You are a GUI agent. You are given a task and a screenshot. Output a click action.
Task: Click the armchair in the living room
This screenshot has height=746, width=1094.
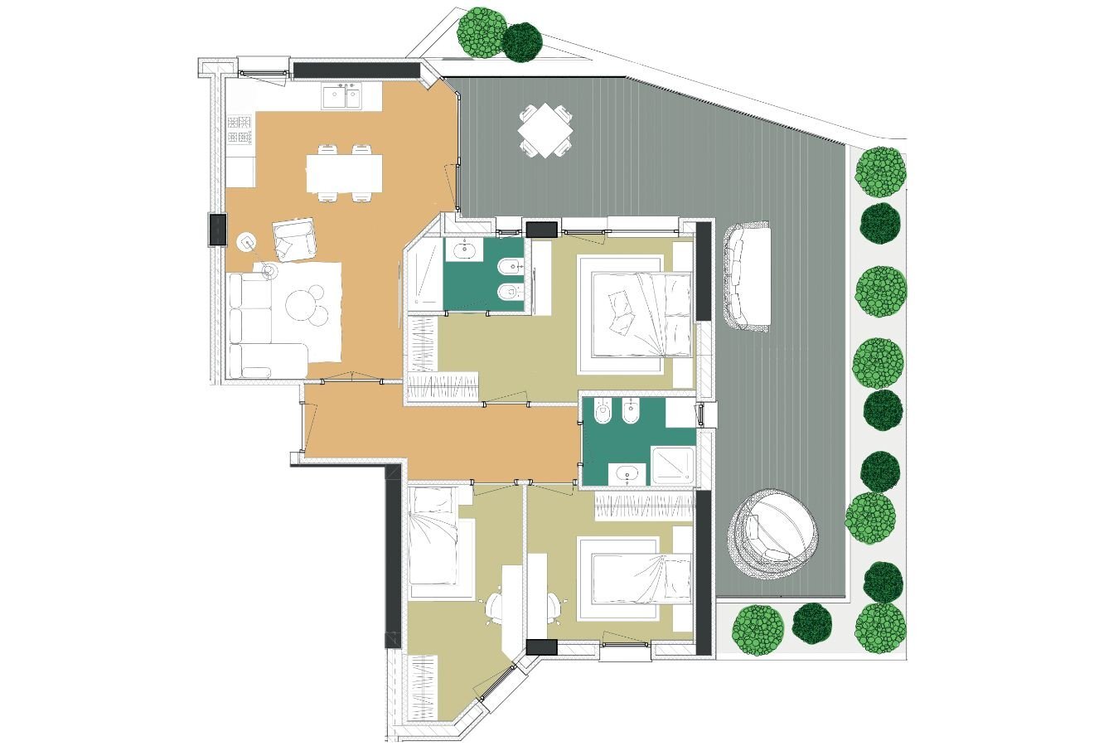tap(294, 239)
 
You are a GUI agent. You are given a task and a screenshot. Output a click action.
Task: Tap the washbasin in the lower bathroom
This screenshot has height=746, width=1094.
tap(628, 475)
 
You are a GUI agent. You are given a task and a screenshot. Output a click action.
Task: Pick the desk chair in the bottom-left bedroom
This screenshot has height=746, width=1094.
tap(496, 607)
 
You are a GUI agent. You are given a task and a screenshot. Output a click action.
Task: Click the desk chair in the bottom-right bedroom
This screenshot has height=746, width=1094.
tap(553, 608)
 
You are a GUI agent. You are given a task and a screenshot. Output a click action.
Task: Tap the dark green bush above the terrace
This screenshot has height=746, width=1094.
tap(522, 42)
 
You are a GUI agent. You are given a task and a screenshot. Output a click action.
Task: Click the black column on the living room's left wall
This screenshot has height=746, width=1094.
tap(217, 230)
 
